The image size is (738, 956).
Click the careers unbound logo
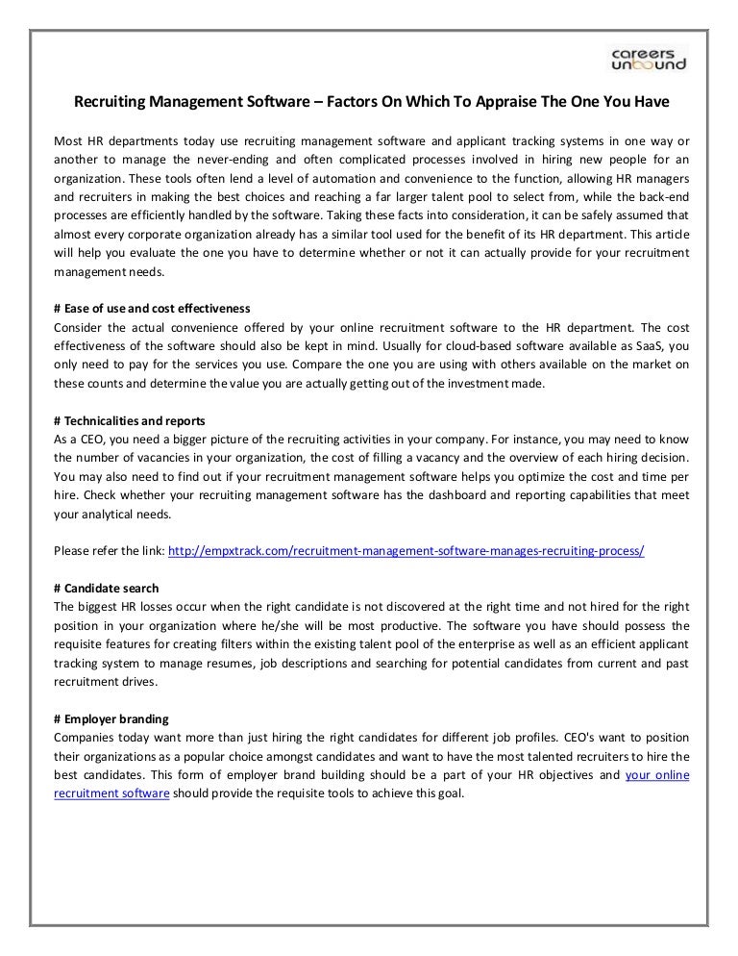tap(650, 57)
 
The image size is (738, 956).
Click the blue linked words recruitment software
tap(111, 793)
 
